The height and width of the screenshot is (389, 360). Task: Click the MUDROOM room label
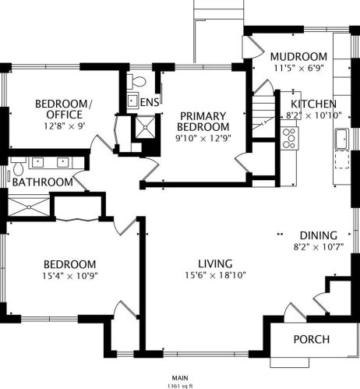(298, 57)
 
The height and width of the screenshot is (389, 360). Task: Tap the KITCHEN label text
(313, 104)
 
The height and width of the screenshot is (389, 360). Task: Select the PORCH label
(312, 339)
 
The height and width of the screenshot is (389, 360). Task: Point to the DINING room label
(319, 235)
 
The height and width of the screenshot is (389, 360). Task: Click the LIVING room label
(215, 263)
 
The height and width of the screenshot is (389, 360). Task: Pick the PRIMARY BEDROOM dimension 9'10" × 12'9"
(203, 138)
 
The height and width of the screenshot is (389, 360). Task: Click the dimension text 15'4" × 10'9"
(70, 275)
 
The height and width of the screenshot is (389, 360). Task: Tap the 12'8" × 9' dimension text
(65, 126)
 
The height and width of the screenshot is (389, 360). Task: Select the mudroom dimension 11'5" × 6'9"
(298, 68)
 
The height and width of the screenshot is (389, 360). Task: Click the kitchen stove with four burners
(290, 138)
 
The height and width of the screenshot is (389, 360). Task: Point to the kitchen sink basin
(342, 139)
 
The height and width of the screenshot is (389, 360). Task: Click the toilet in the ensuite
(136, 80)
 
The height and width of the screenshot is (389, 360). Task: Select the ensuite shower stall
(145, 127)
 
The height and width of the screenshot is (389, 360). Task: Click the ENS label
(150, 102)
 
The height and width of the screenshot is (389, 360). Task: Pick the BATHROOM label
(43, 182)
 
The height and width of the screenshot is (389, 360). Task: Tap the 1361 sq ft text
(180, 386)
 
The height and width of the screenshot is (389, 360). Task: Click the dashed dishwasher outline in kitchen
(342, 160)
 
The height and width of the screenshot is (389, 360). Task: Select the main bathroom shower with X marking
(29, 207)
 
